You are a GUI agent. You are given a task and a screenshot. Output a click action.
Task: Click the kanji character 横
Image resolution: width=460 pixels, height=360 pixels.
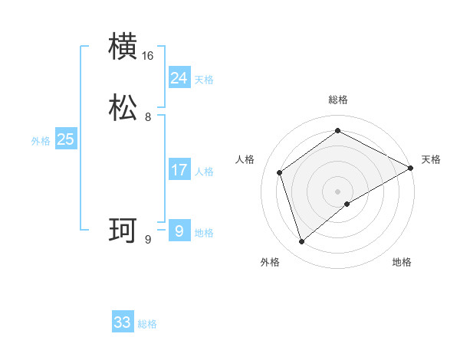coord(123,47)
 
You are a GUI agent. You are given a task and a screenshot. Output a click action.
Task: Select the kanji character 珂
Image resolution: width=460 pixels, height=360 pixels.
coord(123,231)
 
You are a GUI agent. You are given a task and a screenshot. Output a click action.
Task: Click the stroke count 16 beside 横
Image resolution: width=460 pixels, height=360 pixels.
coord(148,56)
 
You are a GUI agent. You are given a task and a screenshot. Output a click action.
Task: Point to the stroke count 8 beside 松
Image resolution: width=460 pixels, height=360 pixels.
coord(148,117)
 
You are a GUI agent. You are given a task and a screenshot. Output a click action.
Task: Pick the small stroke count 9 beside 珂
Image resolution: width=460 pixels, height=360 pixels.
coord(148,240)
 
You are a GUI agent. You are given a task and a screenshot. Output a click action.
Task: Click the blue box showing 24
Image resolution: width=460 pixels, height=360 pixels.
coord(179,78)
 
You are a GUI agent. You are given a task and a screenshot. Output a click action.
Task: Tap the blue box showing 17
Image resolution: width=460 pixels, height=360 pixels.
coord(179,170)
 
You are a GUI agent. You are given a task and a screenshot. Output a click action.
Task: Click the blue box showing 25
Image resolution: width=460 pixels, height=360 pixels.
coord(66,139)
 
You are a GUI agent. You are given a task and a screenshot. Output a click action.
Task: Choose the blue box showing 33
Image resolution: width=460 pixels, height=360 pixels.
coord(123,322)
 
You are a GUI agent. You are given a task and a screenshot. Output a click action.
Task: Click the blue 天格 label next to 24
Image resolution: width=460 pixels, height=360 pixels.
coord(204,79)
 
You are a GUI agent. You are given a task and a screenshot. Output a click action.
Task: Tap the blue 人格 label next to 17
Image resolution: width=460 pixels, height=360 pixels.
coord(204,171)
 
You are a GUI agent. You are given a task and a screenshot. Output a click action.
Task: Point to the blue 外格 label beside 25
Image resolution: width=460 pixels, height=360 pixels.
coord(41,140)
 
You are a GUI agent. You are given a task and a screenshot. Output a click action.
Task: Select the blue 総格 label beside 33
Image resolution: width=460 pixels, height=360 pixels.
coord(147,323)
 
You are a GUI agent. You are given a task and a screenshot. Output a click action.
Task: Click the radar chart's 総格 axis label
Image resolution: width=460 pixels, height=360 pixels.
coord(338,100)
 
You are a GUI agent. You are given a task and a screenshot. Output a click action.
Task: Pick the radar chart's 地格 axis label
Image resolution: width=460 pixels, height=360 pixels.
coord(402,262)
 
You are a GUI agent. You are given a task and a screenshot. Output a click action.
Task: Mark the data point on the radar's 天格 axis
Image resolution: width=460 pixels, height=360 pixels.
coord(411,169)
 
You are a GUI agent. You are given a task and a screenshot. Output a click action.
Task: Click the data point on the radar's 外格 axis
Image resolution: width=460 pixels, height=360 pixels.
coord(302,242)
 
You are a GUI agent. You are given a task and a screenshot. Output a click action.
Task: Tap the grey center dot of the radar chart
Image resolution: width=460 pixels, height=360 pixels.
coord(338,191)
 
